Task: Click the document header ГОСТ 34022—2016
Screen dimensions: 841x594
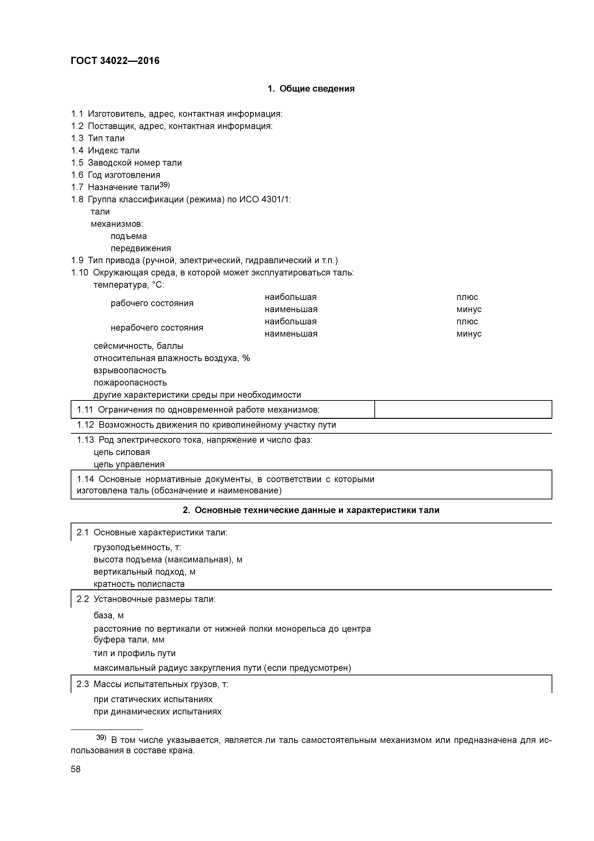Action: tap(115, 61)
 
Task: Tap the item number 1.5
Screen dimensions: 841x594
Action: tap(77, 163)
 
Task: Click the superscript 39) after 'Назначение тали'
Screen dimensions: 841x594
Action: tap(165, 185)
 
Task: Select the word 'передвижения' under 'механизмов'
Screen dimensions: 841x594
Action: tap(141, 248)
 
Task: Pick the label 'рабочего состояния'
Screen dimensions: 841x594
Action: tap(152, 303)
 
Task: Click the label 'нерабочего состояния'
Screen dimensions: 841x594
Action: tap(157, 328)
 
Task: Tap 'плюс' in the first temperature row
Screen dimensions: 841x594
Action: tap(467, 297)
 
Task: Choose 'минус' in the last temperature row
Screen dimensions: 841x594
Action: tap(469, 334)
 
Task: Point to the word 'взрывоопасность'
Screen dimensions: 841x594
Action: tap(130, 370)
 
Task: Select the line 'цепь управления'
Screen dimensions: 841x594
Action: tap(129, 464)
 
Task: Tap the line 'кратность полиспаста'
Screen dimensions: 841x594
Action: tap(139, 584)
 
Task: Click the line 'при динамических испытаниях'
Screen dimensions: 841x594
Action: tap(157, 711)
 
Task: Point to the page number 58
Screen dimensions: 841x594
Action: tap(76, 769)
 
